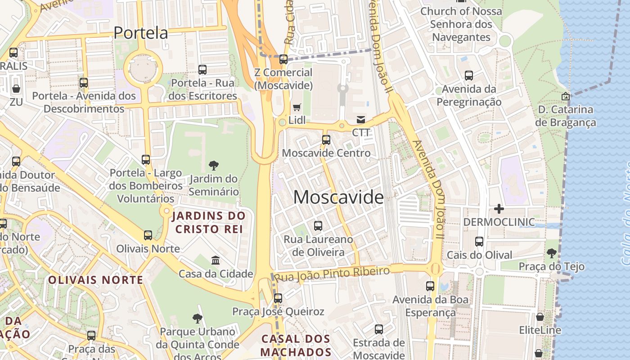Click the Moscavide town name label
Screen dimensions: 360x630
click(339, 197)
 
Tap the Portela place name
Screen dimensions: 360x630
click(140, 33)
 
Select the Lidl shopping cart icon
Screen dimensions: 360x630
click(297, 107)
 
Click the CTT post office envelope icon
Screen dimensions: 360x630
click(361, 120)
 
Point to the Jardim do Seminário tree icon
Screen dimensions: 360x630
click(214, 166)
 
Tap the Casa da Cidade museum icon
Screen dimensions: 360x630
click(216, 261)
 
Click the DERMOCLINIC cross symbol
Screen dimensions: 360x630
click(499, 209)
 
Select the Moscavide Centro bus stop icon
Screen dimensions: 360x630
click(326, 140)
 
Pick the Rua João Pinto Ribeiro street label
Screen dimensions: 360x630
click(332, 274)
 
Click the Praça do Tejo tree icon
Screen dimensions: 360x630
click(551, 253)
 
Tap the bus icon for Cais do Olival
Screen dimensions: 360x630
click(479, 242)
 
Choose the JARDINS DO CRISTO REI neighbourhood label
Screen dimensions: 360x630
click(209, 222)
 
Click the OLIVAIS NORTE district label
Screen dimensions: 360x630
click(95, 280)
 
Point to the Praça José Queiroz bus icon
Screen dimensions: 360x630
click(278, 298)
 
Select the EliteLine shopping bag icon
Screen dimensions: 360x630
click(540, 317)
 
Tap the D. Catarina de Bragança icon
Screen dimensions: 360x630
click(565, 96)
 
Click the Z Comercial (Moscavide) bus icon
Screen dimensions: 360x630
click(283, 59)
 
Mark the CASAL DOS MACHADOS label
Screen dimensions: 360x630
click(296, 345)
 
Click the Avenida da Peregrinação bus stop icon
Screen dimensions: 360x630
click(469, 76)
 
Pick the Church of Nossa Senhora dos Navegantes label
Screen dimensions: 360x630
click(461, 24)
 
